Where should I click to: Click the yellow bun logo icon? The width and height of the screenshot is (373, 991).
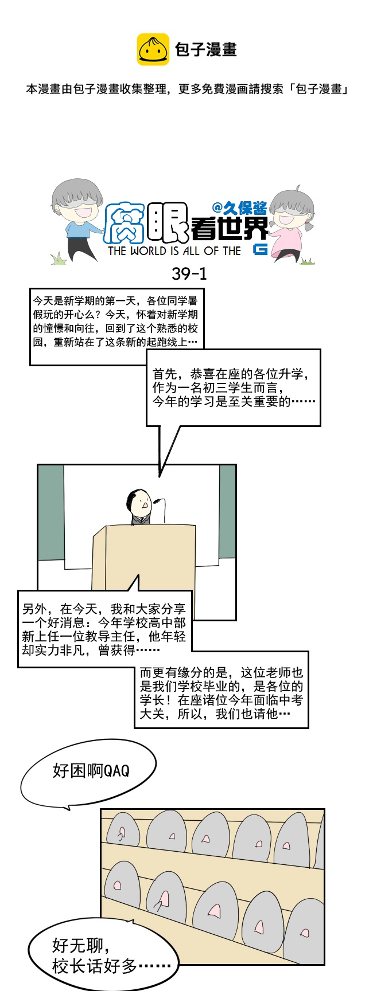[x=153, y=49]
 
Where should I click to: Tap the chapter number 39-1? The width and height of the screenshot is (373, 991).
[x=189, y=274]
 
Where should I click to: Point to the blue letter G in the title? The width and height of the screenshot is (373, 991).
[x=260, y=249]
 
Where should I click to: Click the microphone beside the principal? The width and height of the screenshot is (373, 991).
[x=160, y=509]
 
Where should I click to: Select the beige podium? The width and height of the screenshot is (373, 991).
[x=143, y=564]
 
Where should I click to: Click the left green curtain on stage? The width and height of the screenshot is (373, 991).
[x=51, y=512]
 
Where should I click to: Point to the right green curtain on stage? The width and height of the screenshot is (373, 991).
[x=227, y=511]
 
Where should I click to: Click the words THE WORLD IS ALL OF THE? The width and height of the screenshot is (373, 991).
[x=174, y=251]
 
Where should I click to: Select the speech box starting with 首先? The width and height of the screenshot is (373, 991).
[x=234, y=387]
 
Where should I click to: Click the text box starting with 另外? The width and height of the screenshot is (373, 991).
[x=104, y=629]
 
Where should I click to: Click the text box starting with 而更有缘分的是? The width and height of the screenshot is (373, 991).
[x=222, y=693]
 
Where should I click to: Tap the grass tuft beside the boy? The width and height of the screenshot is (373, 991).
[x=59, y=259]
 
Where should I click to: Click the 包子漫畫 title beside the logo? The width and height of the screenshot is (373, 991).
[x=206, y=50]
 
